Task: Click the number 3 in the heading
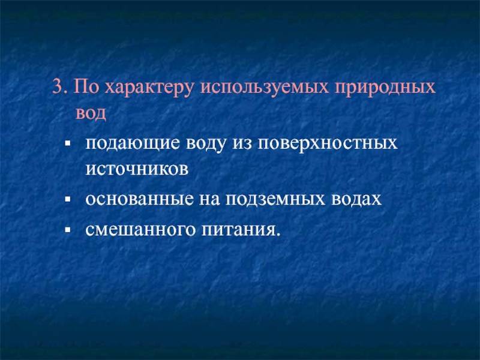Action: (57, 87)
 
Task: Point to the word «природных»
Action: (385, 90)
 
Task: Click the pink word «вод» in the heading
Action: (91, 113)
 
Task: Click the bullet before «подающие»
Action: (68, 143)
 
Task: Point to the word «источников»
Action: (137, 169)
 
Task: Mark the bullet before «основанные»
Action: (68, 199)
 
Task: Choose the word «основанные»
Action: (139, 200)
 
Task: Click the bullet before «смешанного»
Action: (68, 229)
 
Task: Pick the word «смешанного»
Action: (140, 230)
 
